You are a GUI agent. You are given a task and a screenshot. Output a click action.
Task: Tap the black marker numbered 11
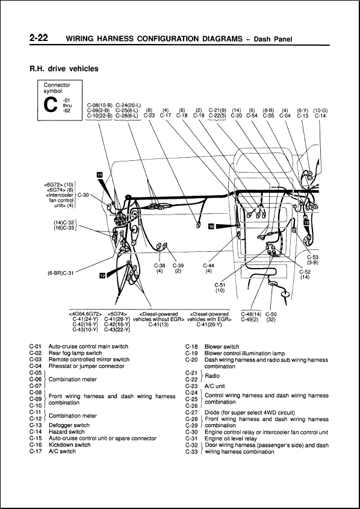(x=100, y=174)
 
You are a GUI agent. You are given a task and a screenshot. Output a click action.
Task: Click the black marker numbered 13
(x=306, y=222)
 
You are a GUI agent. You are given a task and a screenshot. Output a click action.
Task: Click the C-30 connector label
(x=83, y=195)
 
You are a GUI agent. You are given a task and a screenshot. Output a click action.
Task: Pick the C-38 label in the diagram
(x=160, y=265)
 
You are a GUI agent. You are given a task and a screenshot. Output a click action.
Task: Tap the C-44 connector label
(x=208, y=265)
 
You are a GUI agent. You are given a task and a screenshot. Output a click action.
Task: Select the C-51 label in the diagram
(x=220, y=284)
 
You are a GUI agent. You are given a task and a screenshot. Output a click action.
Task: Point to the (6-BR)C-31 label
(x=60, y=273)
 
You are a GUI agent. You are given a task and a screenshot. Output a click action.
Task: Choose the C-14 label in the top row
(x=320, y=116)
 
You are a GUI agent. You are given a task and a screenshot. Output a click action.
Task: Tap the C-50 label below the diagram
(x=271, y=314)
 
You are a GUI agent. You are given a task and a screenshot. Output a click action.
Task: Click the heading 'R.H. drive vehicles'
(x=64, y=69)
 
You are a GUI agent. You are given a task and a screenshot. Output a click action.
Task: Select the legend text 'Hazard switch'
(x=67, y=431)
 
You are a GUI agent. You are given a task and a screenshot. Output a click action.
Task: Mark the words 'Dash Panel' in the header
(x=273, y=40)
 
